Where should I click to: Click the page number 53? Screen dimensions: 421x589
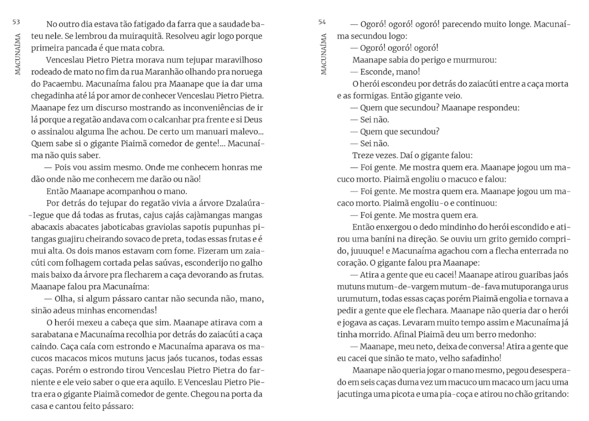[x=16, y=22]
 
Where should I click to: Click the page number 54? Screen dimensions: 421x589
[x=322, y=22]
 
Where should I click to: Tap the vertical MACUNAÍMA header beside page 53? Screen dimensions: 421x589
[x=18, y=54]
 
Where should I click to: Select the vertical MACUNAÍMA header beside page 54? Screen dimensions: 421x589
[x=324, y=54]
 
